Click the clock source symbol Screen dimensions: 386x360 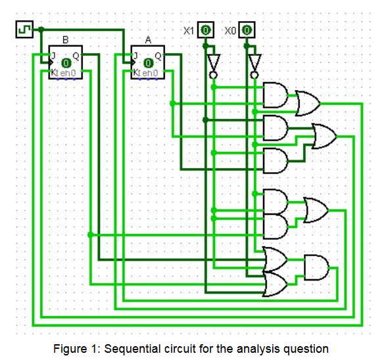(x=24, y=30)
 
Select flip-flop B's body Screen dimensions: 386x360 (x=66, y=62)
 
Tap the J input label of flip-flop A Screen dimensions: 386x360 (x=135, y=56)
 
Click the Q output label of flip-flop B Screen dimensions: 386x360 (x=76, y=56)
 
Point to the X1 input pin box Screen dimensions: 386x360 (x=206, y=30)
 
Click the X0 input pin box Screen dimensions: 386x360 (x=247, y=30)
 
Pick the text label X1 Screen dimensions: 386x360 (x=189, y=31)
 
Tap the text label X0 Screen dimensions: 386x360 (x=230, y=31)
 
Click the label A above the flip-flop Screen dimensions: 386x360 (x=148, y=40)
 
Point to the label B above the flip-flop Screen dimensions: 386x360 (x=66, y=40)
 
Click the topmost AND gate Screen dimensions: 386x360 (x=276, y=95)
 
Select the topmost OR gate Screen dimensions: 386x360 (x=308, y=103)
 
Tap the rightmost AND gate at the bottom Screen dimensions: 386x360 (x=316, y=267)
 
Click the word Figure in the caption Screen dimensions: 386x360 (x=70, y=349)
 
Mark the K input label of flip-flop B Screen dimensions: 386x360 (x=54, y=72)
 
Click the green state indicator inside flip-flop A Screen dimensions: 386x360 (x=148, y=63)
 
